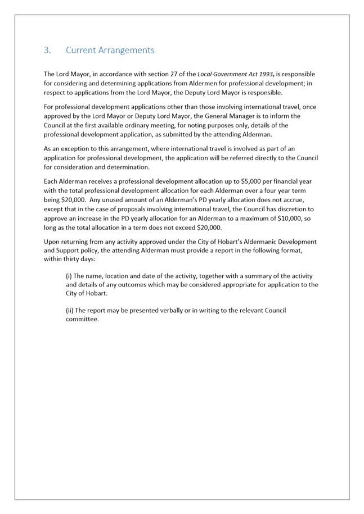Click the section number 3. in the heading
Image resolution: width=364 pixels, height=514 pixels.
(47, 50)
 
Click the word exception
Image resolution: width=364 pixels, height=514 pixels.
(75, 148)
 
